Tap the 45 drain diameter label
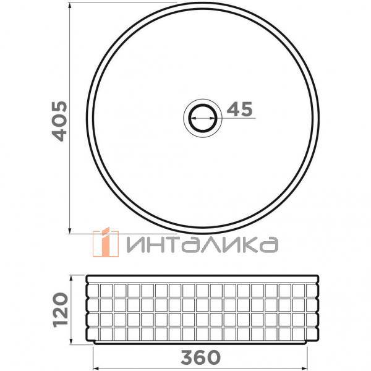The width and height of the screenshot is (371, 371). [239, 110]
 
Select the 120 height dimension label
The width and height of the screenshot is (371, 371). [59, 309]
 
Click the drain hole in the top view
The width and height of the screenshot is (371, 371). [202, 116]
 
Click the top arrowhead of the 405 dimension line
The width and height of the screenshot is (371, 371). [69, 5]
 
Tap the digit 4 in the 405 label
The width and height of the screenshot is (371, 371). [59, 132]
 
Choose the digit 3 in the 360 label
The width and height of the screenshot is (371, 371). [187, 357]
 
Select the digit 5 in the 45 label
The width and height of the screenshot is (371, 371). [247, 110]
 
